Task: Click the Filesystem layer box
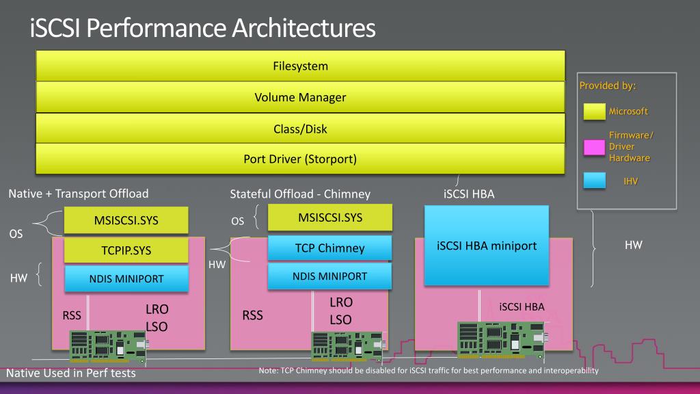click(301, 66)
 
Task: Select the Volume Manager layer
click(301, 97)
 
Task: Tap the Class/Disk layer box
click(301, 129)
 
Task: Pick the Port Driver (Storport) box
click(301, 159)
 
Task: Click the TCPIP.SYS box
click(126, 250)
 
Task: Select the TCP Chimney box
click(330, 248)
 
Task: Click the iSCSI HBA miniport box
click(487, 246)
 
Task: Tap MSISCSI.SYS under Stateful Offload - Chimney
click(330, 218)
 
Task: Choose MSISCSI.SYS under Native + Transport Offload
click(126, 220)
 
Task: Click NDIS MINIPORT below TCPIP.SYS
click(126, 279)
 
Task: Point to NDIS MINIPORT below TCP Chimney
click(330, 276)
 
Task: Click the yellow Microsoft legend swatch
click(595, 111)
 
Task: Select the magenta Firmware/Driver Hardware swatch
click(594, 147)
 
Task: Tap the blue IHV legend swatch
click(595, 181)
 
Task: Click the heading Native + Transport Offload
click(79, 194)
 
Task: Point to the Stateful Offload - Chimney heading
click(300, 194)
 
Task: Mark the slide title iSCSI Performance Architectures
click(202, 27)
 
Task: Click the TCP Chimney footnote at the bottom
click(429, 370)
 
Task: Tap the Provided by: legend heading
click(608, 86)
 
